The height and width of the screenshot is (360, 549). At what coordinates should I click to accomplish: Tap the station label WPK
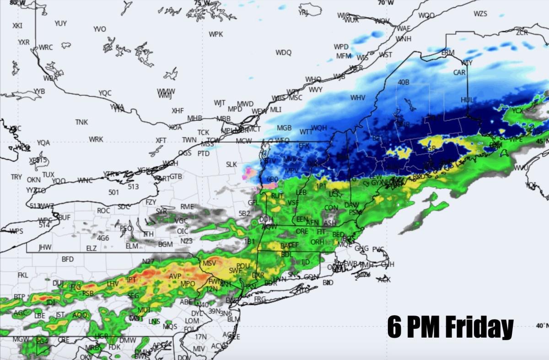216,34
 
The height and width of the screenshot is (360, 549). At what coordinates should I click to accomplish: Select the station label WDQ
283,53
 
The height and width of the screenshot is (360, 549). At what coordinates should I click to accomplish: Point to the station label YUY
60,23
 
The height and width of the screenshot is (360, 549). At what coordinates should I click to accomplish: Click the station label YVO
100,29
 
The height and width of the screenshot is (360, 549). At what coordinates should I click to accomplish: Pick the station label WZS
480,14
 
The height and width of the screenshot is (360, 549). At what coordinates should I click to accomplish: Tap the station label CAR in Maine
459,72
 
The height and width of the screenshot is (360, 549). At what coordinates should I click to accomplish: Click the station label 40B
403,82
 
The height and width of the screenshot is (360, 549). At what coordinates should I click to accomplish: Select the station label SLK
231,164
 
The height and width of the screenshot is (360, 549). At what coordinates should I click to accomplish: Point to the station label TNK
81,122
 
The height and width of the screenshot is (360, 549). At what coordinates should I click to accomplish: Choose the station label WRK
96,139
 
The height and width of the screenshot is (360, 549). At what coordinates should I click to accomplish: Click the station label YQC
105,93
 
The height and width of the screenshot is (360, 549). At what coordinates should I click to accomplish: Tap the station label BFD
68,259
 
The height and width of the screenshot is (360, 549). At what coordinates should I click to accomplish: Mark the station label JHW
45,247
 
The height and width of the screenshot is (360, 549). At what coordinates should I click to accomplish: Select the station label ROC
104,210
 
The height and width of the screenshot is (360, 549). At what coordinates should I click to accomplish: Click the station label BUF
64,217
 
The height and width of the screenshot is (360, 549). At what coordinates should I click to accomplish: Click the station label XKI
17,26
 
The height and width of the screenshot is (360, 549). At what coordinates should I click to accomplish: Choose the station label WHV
358,97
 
